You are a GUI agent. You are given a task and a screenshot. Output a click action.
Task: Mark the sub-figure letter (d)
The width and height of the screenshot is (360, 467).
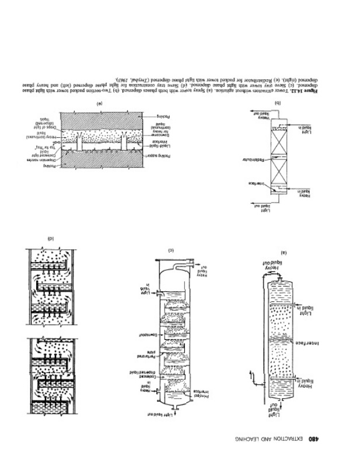(x=51, y=238)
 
